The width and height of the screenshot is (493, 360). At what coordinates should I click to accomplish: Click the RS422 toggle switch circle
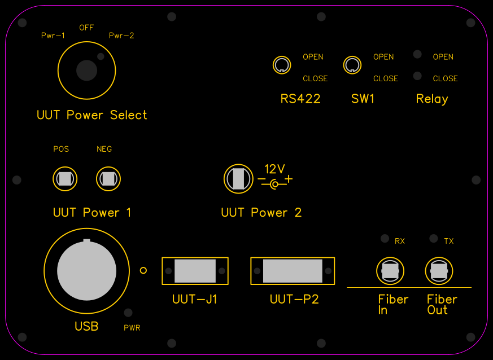[282, 65]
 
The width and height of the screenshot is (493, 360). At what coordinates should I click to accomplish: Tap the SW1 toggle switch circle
[352, 65]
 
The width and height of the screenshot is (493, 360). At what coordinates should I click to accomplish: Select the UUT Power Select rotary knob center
[86, 70]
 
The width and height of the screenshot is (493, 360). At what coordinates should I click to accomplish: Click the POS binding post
[64, 179]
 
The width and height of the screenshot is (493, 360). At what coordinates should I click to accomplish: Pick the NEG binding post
[108, 179]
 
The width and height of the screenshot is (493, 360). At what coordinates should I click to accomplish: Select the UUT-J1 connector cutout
[195, 271]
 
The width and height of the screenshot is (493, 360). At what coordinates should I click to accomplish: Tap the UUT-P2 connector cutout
[293, 271]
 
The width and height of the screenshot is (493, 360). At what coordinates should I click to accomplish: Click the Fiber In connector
[390, 271]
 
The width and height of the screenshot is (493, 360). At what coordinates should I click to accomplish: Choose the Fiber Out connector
[439, 271]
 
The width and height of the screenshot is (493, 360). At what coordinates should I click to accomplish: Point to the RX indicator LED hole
[385, 238]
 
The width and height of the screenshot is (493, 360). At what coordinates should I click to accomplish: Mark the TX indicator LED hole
[434, 238]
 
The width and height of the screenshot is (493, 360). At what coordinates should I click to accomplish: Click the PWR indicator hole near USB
[129, 313]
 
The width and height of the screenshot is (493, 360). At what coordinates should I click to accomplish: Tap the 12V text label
[275, 169]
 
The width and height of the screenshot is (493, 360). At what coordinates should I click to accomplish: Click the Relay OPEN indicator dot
[417, 54]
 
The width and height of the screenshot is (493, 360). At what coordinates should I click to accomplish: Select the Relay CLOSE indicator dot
[417, 76]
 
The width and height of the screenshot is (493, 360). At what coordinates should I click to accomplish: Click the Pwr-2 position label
[121, 36]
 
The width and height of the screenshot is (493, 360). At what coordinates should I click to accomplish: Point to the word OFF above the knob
[86, 28]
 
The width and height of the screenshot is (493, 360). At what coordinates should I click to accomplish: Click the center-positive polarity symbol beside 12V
[275, 184]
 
